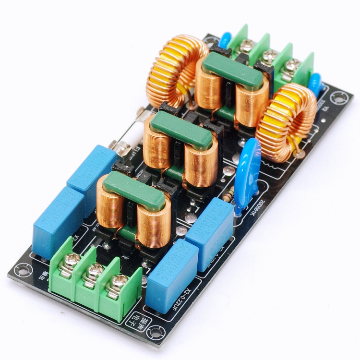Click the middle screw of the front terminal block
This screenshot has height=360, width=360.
click(x=94, y=272)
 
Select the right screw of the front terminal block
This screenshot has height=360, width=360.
click(x=117, y=283)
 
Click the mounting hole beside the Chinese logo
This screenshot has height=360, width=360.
click(x=155, y=331)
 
